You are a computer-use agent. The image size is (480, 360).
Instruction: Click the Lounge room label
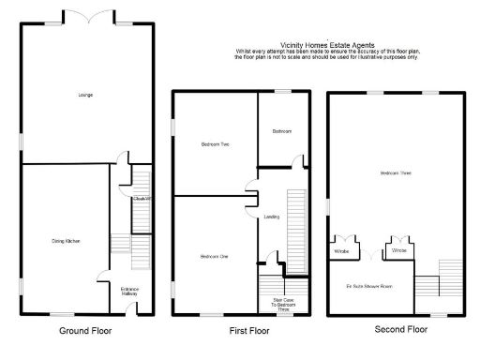[x=85, y=95]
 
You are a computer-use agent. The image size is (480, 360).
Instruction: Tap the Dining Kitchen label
[x=66, y=241]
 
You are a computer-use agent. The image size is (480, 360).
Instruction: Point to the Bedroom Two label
[x=216, y=144]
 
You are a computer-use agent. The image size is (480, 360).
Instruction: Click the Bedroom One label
[x=214, y=256]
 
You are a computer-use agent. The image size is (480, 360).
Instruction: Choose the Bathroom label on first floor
[x=281, y=131]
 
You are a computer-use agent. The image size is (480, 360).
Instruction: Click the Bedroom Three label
[x=395, y=173]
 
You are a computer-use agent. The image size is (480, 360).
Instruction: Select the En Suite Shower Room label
[x=372, y=287]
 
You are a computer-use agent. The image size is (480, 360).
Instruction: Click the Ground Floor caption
[x=85, y=331]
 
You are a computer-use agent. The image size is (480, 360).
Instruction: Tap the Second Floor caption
[x=400, y=330]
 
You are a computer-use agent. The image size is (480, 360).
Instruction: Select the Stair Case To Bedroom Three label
[x=273, y=303]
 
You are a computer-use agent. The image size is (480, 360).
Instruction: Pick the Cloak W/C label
[x=141, y=198]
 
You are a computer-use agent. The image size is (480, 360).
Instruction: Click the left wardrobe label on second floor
[x=341, y=251]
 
